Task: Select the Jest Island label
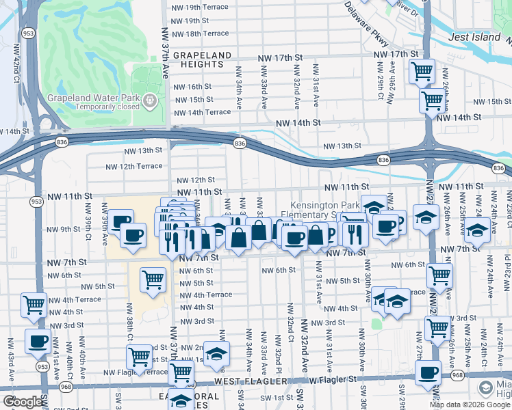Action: click(x=474, y=37)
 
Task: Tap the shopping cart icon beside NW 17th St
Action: click(x=422, y=70)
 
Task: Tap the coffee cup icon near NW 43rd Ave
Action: click(x=38, y=340)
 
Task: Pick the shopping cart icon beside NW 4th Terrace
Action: click(x=34, y=305)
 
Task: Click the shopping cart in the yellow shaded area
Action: click(x=152, y=279)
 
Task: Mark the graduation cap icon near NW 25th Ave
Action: click(x=476, y=230)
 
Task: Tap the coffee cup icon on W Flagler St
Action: click(x=428, y=372)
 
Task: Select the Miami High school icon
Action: click(x=486, y=388)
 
